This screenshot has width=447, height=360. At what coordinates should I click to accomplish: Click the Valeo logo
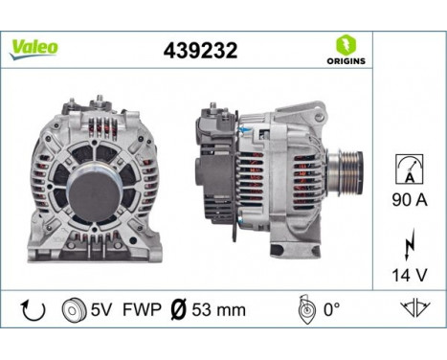34,48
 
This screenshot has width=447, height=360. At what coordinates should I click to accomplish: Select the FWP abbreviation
140,309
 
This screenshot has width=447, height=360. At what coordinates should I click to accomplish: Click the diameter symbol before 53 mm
177,309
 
